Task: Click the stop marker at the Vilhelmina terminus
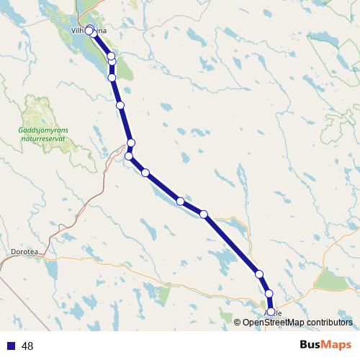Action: pos(90,30)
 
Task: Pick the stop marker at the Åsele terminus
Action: pos(271,312)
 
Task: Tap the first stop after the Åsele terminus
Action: pos(269,294)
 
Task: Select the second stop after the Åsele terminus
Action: pos(259,274)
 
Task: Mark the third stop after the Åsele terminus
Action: pos(204,214)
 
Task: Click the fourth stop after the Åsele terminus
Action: pos(181,201)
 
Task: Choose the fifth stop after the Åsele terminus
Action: pos(145,173)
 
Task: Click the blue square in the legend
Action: pos(11,346)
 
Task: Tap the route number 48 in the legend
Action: pos(28,346)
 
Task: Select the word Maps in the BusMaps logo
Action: pos(335,346)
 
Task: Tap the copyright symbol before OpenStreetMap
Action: pos(238,322)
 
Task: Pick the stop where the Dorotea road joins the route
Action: pos(129,156)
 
